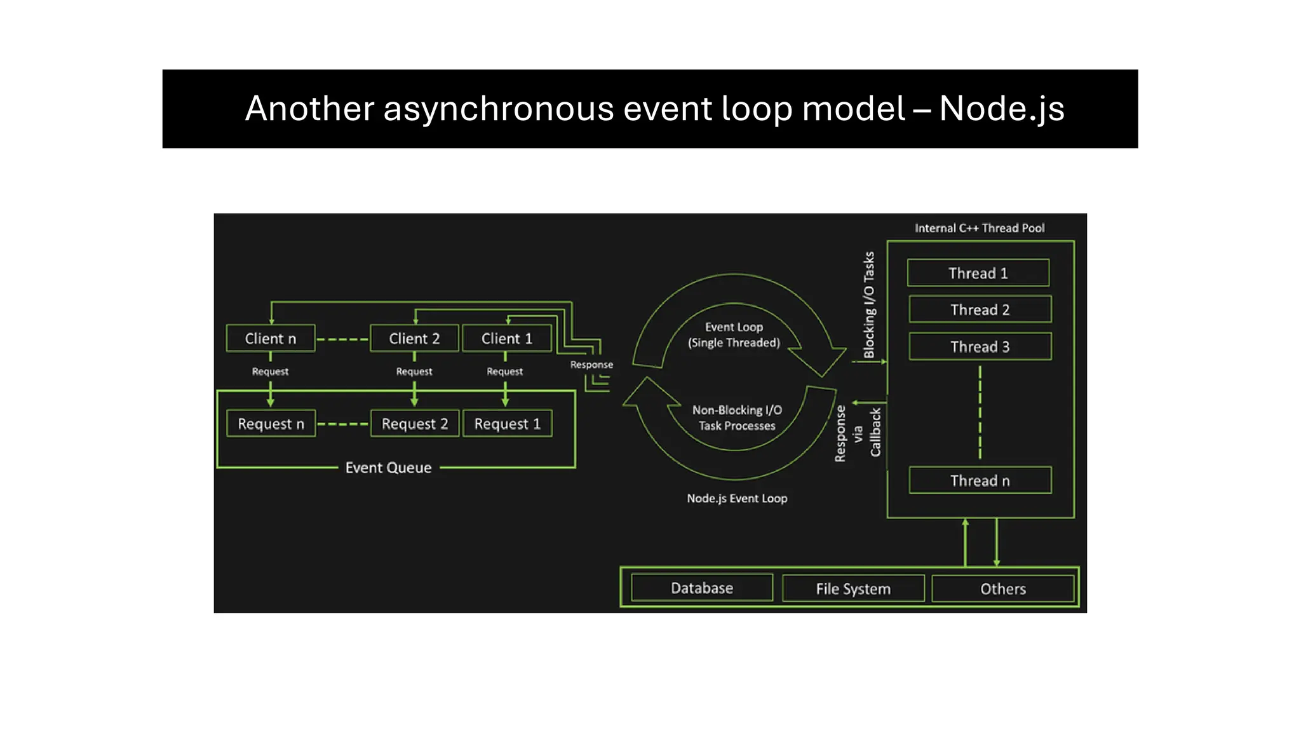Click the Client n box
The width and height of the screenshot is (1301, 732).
click(x=271, y=339)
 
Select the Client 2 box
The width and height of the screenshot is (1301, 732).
click(x=414, y=339)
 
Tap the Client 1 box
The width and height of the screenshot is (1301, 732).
click(x=506, y=339)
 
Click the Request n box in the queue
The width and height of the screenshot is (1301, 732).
click(x=271, y=424)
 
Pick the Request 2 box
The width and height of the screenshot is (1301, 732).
click(x=414, y=424)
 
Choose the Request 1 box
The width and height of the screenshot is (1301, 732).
click(x=507, y=424)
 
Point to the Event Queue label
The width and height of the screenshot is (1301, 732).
click(x=388, y=468)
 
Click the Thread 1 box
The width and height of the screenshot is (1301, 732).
click(x=978, y=273)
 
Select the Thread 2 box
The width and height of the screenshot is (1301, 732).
click(x=980, y=309)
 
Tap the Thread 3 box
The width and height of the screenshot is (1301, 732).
click(x=980, y=346)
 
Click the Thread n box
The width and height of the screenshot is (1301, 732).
click(x=980, y=480)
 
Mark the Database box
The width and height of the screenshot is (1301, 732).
click(x=701, y=588)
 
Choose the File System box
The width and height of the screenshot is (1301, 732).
click(x=853, y=588)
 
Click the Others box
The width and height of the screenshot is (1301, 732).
click(x=1002, y=588)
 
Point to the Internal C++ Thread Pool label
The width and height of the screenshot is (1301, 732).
click(x=979, y=228)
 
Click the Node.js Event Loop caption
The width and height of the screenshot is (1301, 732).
click(x=736, y=498)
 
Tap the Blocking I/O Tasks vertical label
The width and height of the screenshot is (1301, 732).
click(x=868, y=305)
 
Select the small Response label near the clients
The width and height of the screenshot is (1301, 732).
click(x=591, y=365)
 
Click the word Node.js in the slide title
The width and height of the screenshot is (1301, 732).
click(x=1001, y=109)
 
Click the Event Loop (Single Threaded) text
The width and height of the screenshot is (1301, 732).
click(x=734, y=335)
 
